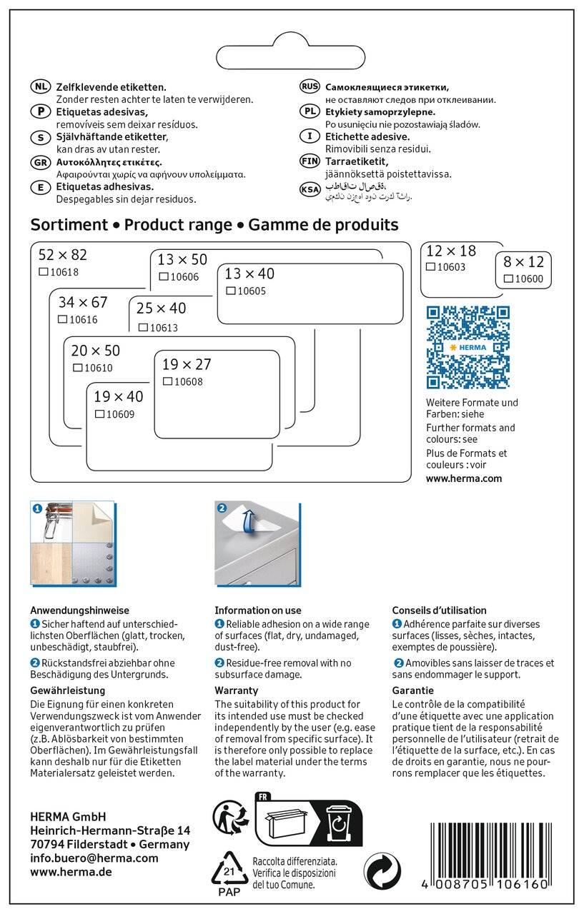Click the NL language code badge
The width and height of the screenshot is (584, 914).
coord(41,86)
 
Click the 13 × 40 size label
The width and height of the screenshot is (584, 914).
coord(249,273)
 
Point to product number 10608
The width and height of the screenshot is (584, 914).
coord(189,382)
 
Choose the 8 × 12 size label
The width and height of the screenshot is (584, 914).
coord(523,262)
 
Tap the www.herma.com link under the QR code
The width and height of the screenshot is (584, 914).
coord(463,478)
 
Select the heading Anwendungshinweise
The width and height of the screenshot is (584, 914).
coord(79,611)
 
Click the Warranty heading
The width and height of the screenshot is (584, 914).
coord(237,690)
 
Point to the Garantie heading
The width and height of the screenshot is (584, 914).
coord(413,690)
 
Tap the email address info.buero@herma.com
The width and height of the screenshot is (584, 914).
coord(94,858)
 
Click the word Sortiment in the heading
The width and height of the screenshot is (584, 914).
coord(68,225)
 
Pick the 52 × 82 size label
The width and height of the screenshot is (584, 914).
coord(64,256)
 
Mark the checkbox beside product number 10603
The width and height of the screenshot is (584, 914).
coord(430,267)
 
